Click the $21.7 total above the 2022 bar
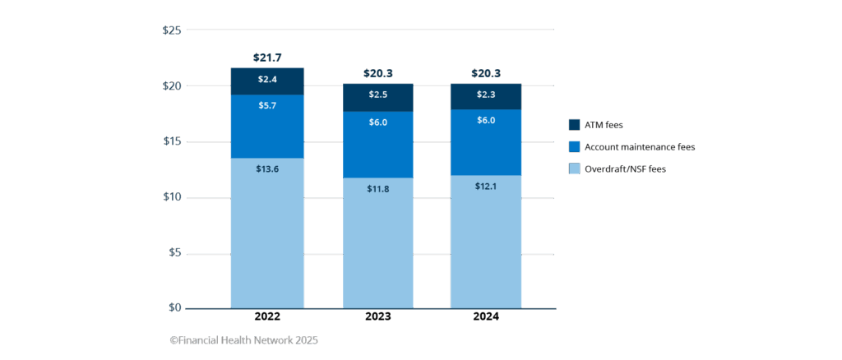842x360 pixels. point(267,58)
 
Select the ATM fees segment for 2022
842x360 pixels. point(267,81)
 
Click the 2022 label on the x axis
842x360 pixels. point(267,316)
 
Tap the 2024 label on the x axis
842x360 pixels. point(486,316)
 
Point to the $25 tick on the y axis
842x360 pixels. point(171,30)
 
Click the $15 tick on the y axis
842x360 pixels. point(171,141)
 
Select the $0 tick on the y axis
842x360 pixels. point(174,307)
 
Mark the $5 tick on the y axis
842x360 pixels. point(174,252)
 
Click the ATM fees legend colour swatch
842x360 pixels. point(574,125)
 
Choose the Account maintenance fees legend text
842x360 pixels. point(640,147)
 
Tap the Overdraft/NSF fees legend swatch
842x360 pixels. point(574,169)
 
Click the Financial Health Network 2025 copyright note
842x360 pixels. point(243,340)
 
